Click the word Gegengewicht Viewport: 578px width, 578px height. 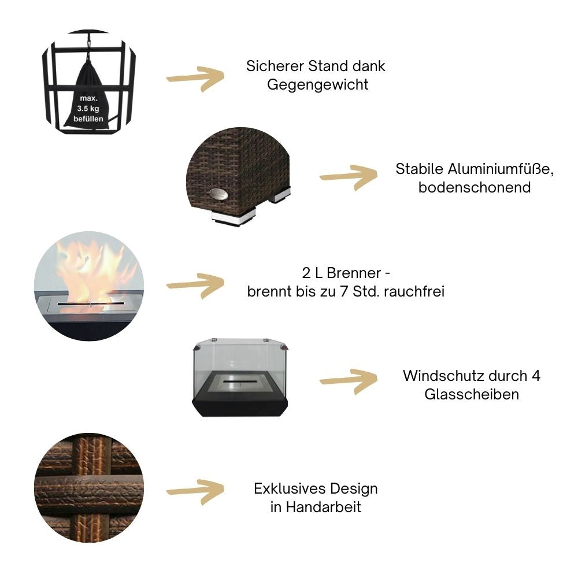point(317,84)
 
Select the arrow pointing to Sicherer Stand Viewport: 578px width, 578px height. point(195,78)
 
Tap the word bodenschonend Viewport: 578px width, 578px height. point(475,188)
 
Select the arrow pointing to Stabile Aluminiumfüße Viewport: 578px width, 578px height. point(348,177)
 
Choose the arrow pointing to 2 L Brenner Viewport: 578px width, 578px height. point(195,284)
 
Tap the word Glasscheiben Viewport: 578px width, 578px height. point(472,394)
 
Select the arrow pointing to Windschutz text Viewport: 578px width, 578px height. point(348,382)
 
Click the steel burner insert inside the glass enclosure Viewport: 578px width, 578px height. point(239,383)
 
